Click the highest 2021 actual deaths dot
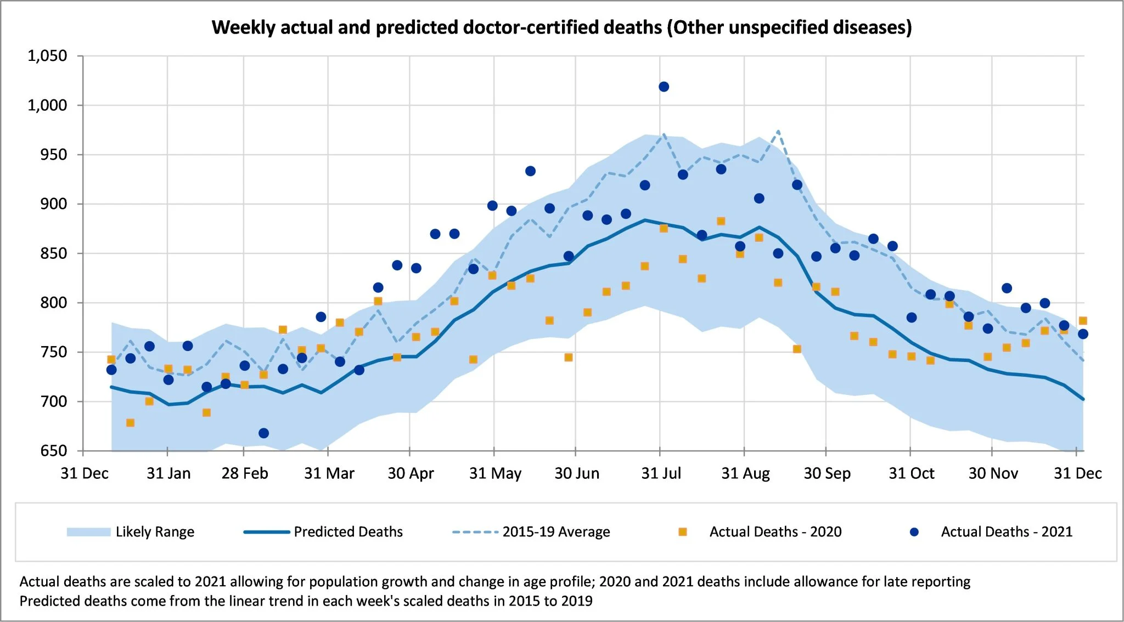click(664, 87)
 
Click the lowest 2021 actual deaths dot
click(263, 433)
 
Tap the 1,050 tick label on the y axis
click(47, 56)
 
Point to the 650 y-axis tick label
click(54, 451)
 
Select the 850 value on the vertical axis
click(54, 253)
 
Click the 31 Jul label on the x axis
click(661, 473)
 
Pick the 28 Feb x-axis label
click(245, 473)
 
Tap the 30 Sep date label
click(827, 473)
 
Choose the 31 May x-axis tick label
click(495, 473)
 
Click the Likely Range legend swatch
click(88, 532)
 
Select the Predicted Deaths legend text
click(348, 532)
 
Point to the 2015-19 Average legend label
click(556, 532)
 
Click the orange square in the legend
click(683, 532)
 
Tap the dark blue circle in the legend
click(914, 532)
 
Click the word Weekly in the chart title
click(244, 27)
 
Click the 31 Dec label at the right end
click(1077, 473)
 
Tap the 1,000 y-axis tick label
click(47, 105)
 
